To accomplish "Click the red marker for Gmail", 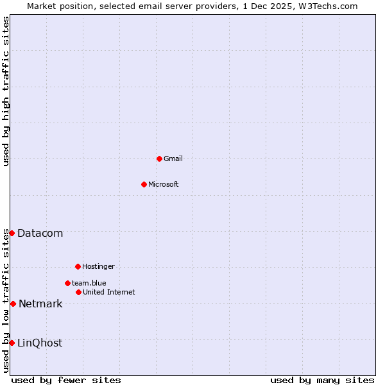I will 159,158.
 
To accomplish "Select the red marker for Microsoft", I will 144,184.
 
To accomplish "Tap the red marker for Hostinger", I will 78,266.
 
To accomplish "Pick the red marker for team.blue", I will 67,283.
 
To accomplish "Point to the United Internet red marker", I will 78,292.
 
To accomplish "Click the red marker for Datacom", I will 12,233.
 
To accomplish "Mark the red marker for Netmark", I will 13,304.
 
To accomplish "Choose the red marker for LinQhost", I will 12,343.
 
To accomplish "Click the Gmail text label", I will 173,158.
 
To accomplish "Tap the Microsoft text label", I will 164,184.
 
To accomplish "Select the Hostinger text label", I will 98,266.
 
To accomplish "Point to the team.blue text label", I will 89,283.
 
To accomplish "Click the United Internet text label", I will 109,292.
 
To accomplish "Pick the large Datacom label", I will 40,233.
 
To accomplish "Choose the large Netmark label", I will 40,304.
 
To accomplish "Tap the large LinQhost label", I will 40,343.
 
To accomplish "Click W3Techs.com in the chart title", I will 331,6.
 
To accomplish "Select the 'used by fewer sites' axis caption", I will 66,380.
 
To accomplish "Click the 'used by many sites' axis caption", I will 322,380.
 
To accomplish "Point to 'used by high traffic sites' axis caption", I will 6,92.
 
